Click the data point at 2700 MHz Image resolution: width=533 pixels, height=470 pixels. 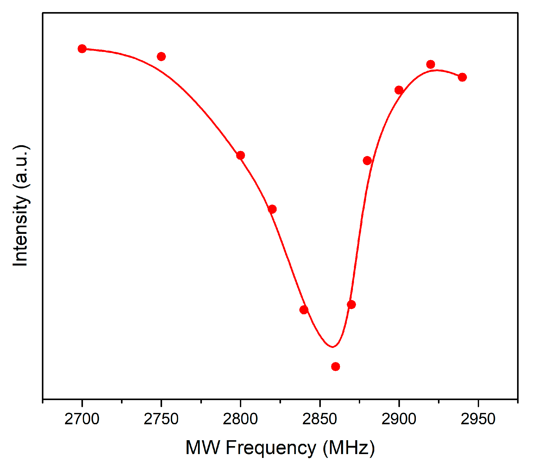(x=82, y=49)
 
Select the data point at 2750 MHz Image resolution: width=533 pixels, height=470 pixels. (x=161, y=56)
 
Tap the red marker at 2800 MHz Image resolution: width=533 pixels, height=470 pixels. (x=240, y=155)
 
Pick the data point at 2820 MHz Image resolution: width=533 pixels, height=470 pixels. (x=272, y=209)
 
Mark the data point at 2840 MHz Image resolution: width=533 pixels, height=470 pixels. (x=304, y=310)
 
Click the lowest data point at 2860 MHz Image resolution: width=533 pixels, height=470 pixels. (x=336, y=367)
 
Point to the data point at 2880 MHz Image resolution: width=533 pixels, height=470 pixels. (x=367, y=161)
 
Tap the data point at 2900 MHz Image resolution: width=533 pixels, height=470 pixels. (x=399, y=90)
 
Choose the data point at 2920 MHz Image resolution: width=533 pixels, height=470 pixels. (x=431, y=64)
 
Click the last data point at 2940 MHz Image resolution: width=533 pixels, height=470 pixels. (x=462, y=77)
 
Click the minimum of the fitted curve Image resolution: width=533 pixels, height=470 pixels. (x=333, y=347)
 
